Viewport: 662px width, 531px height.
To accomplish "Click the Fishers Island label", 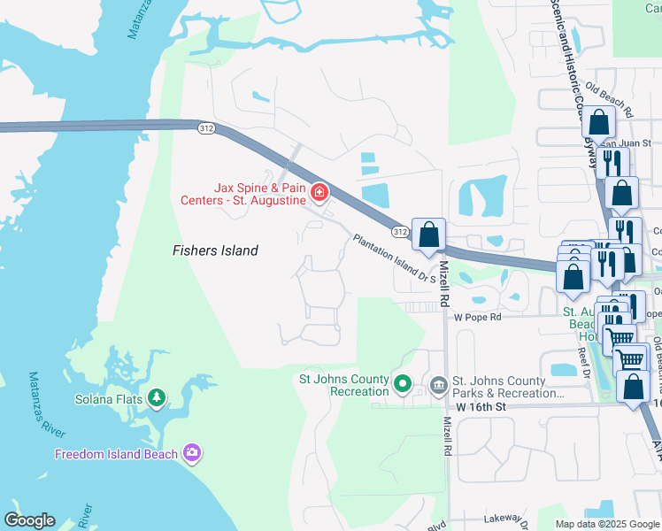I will [215, 251].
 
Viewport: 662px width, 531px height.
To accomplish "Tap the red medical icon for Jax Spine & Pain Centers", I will [319, 192].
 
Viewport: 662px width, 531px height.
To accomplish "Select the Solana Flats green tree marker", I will [157, 398].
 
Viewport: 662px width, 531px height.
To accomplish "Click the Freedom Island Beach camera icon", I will [192, 453].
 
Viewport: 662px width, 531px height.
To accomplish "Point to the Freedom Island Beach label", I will [117, 454].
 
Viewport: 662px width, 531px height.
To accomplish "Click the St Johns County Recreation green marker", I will [403, 384].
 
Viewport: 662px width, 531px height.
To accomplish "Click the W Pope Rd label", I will [477, 317].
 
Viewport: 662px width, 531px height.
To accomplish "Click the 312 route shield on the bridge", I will [206, 129].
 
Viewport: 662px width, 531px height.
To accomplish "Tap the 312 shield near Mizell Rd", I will [400, 232].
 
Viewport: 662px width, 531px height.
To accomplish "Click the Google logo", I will [29, 520].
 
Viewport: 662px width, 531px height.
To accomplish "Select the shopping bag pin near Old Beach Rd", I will [598, 124].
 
